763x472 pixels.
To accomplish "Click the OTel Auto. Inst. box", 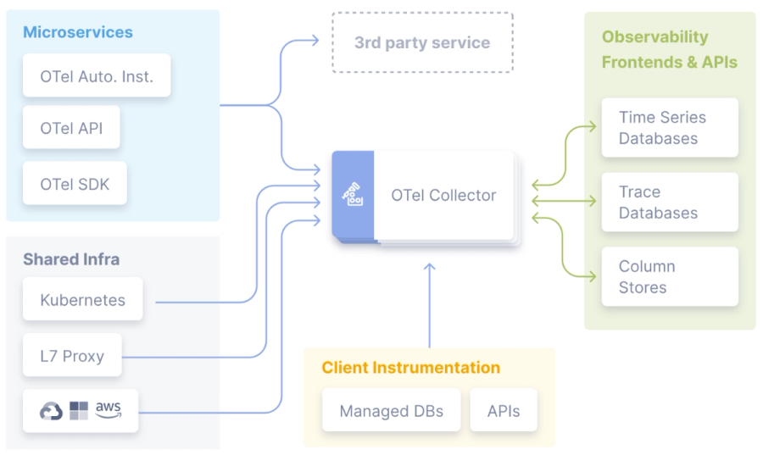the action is coord(97,75).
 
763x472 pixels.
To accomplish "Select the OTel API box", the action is coord(71,127).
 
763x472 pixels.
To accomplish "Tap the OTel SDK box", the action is coord(75,183).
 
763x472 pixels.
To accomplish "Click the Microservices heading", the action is coord(78,32).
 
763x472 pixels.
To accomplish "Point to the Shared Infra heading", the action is coord(71,259).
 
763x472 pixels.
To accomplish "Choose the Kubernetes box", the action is coord(83,299).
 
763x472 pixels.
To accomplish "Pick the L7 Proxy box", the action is coord(72,355).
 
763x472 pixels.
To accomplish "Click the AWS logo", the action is coord(108,409).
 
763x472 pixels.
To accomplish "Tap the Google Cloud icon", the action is coord(51,411).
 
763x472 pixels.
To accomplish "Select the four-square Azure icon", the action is coord(79,411).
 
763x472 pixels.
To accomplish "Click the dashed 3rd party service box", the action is coord(422,43).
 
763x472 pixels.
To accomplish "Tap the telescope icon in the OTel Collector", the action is coord(353,194).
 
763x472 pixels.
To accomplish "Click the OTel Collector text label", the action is coord(443,195).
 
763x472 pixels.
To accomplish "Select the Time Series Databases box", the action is coord(670,127).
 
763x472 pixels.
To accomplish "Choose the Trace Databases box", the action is coord(670,202).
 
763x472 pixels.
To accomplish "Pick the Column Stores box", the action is coord(670,276).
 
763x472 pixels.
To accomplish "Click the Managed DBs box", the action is coord(391,410).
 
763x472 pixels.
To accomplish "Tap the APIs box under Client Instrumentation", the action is coord(504,410).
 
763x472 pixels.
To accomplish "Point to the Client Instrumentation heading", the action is coord(410,368).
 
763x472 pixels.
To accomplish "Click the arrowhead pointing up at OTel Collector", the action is coord(429,267).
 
